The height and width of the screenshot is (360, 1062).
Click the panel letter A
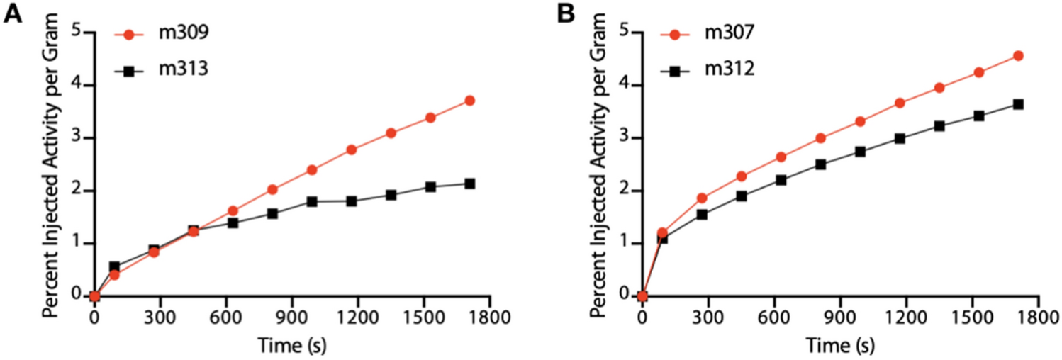(x=13, y=13)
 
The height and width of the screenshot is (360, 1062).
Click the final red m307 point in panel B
(x=1017, y=55)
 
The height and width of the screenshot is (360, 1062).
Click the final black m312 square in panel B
(x=1017, y=104)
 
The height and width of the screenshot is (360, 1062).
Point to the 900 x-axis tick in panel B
(x=840, y=317)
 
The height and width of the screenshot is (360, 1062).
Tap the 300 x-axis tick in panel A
(x=160, y=317)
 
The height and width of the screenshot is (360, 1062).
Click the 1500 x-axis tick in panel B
(x=972, y=317)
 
